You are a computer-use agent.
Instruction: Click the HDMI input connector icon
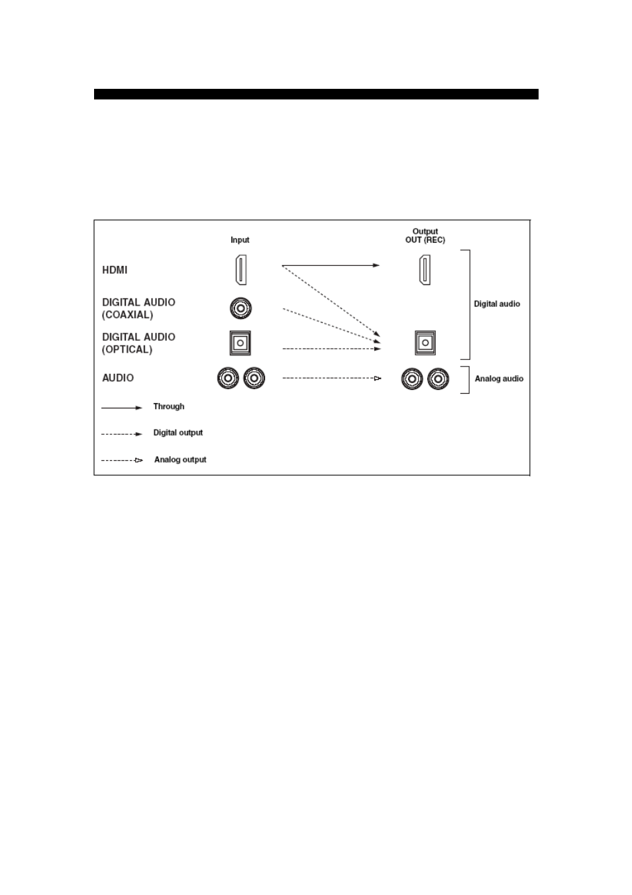pyautogui.click(x=240, y=270)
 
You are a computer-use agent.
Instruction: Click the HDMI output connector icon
pyautogui.click(x=425, y=270)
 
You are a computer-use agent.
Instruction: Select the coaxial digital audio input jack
pyautogui.click(x=240, y=308)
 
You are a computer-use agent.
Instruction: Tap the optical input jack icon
pyautogui.click(x=240, y=343)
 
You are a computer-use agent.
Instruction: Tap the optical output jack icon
pyautogui.click(x=425, y=343)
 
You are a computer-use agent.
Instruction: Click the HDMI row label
pyautogui.click(x=115, y=270)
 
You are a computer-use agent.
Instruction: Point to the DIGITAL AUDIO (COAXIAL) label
pyautogui.click(x=138, y=308)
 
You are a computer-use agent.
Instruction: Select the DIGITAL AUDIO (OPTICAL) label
pyautogui.click(x=138, y=343)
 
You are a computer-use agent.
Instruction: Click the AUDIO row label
pyautogui.click(x=118, y=378)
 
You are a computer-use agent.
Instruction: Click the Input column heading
pyautogui.click(x=240, y=240)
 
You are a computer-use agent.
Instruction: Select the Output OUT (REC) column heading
pyautogui.click(x=425, y=236)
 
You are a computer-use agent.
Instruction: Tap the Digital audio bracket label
pyautogui.click(x=497, y=304)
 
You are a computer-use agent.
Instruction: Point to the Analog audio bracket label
pyautogui.click(x=499, y=379)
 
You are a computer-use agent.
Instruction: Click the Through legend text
pyautogui.click(x=169, y=406)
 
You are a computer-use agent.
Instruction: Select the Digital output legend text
pyautogui.click(x=178, y=433)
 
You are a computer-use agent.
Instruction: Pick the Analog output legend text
pyautogui.click(x=180, y=459)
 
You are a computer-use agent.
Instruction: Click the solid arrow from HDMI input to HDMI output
pyautogui.click(x=331, y=265)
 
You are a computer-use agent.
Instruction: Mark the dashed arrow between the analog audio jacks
pyautogui.click(x=332, y=378)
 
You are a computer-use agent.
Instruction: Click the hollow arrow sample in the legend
pyautogui.click(x=122, y=460)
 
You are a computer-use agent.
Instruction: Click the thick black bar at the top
pyautogui.click(x=316, y=94)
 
